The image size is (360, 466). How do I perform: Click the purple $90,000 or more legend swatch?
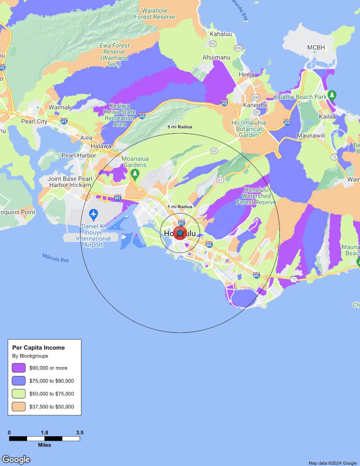(x=19, y=368)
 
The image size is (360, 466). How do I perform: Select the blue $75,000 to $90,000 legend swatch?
(x=19, y=381)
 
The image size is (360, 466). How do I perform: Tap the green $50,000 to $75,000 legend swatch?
(x=19, y=394)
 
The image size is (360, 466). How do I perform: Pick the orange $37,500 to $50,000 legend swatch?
(x=19, y=407)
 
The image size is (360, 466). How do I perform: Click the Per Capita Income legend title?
(x=38, y=348)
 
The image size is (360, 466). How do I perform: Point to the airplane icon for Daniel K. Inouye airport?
(x=94, y=213)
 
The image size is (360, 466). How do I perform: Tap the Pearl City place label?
(x=34, y=122)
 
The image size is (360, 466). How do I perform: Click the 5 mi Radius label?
(x=180, y=127)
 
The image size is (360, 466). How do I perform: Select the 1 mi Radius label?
(x=180, y=207)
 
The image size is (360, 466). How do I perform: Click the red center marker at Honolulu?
(x=180, y=233)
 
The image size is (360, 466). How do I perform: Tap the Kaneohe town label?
(x=255, y=105)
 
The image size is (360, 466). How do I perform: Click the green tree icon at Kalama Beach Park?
(x=332, y=95)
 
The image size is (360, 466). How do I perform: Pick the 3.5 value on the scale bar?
(x=80, y=433)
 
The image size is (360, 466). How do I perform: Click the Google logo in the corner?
(x=16, y=459)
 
